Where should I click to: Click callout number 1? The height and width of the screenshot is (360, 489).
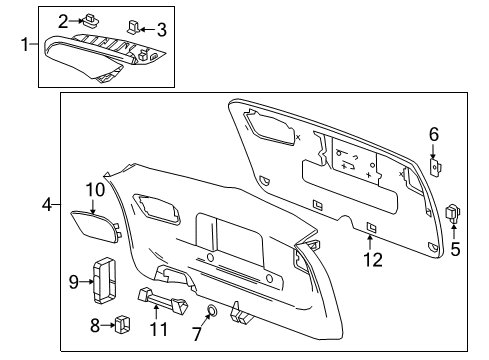coord(26,44)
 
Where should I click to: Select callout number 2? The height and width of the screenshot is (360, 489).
coord(91,19)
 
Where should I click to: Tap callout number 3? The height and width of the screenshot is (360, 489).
coord(160,28)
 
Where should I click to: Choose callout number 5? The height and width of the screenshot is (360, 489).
coord(455,249)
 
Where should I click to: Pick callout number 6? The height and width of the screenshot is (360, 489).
coord(434,135)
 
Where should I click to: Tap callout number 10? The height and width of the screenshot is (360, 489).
coord(94,189)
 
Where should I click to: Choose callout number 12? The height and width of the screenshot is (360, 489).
coord(372,260)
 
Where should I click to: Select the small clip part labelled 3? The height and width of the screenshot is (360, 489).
coord(137,24)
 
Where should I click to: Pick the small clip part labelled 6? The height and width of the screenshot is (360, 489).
coord(436,166)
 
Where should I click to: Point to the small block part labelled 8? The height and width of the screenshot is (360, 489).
coord(124,323)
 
